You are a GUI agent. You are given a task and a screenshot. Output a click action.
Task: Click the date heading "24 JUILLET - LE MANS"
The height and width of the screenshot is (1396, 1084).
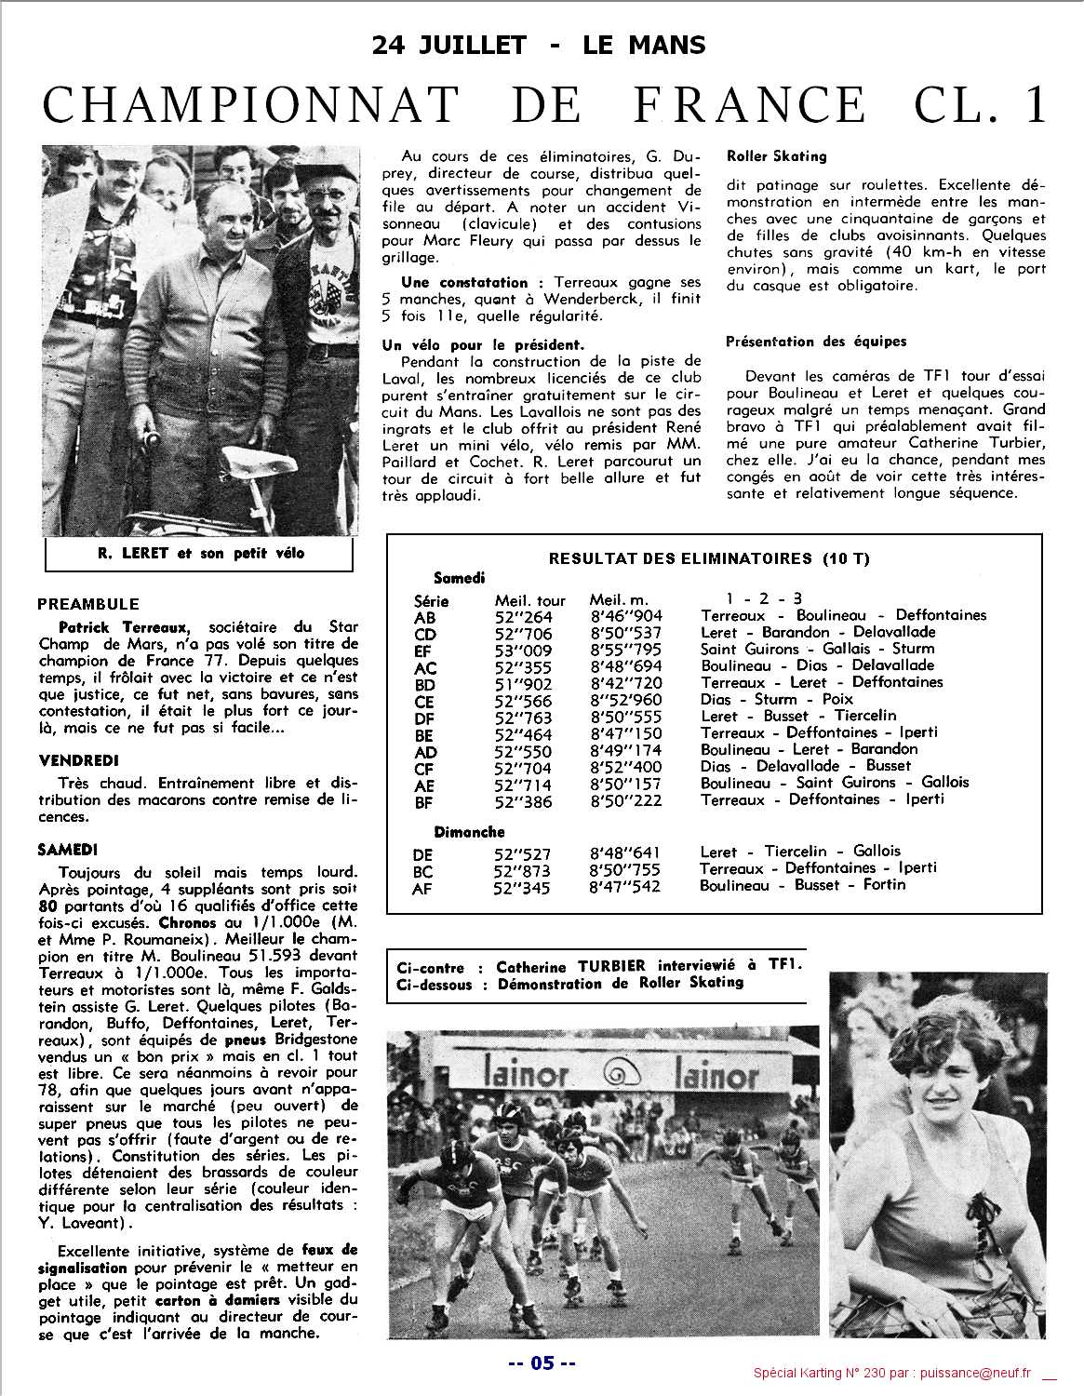point(539,44)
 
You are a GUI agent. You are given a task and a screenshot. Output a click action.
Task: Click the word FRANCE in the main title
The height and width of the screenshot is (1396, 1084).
point(748,104)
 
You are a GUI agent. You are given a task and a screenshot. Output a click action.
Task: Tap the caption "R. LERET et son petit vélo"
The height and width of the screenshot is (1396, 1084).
point(200,554)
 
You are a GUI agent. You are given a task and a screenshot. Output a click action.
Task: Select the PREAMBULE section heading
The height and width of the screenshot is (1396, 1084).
point(88,604)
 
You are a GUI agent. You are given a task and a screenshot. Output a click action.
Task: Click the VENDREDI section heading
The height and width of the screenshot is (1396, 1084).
point(79,760)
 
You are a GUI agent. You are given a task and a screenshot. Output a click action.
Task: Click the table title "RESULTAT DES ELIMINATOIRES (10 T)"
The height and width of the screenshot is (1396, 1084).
point(709,558)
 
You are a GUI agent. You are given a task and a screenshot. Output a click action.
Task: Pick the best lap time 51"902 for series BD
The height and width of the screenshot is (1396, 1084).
point(523,683)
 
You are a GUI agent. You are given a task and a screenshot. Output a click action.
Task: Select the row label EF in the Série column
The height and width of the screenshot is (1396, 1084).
point(424,651)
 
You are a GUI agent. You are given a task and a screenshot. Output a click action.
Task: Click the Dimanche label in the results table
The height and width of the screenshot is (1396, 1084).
point(469,832)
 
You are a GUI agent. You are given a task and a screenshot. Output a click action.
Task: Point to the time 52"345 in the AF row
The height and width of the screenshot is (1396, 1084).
point(523,888)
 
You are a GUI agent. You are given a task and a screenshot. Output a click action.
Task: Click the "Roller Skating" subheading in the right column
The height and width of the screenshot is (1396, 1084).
point(776,156)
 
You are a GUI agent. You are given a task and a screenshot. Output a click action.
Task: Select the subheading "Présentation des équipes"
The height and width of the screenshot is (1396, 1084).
point(802,342)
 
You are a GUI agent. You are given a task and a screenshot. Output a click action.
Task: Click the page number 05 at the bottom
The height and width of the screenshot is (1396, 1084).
point(542,1363)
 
